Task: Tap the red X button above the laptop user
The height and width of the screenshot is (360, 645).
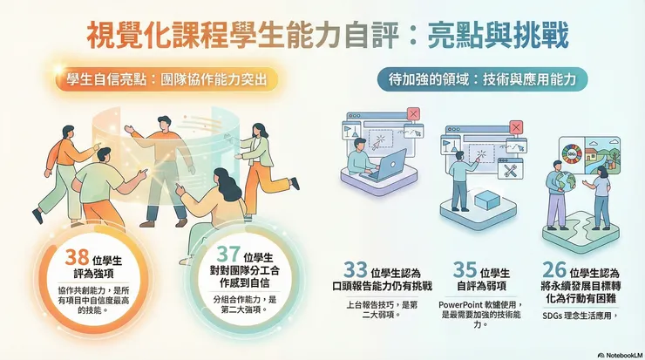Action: coord(413,112)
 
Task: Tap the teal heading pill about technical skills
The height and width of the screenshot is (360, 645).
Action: coord(481,80)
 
